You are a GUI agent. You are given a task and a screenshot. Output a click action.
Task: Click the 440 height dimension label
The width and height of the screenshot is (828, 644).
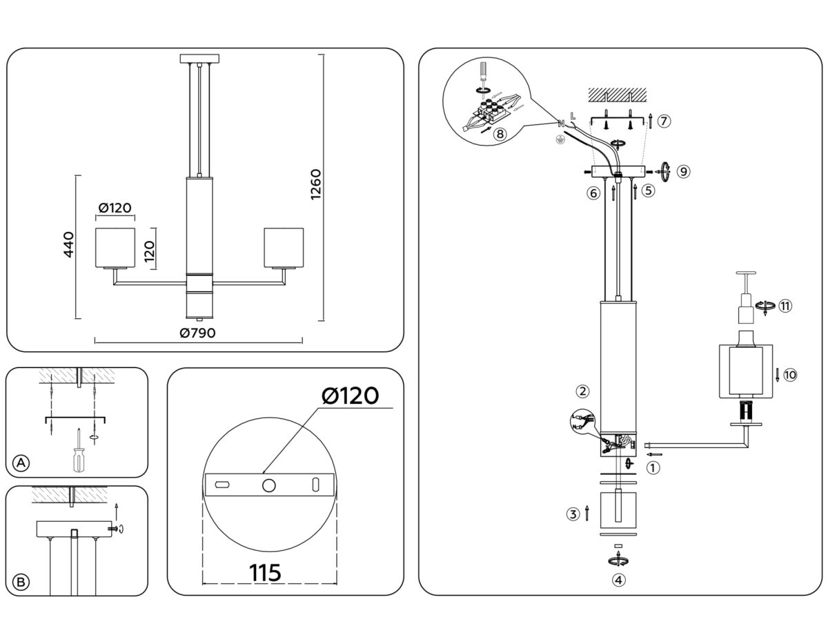click(68, 245)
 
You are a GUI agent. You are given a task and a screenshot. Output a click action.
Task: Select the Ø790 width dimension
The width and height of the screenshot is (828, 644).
click(197, 333)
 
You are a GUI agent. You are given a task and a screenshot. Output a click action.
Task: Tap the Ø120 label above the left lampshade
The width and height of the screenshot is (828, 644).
click(115, 208)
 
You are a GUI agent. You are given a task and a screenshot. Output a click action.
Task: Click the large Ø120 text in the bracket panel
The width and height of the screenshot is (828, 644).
click(350, 396)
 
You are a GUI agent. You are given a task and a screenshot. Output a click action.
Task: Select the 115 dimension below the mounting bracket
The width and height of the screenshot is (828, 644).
click(266, 572)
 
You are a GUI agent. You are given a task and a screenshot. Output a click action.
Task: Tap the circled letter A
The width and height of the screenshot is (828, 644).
click(21, 463)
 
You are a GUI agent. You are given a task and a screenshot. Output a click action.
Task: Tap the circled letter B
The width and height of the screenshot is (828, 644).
click(21, 582)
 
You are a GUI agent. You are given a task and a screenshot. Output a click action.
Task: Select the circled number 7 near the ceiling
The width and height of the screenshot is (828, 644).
click(663, 121)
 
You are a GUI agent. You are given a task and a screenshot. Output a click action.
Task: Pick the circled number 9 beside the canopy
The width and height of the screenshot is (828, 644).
click(682, 172)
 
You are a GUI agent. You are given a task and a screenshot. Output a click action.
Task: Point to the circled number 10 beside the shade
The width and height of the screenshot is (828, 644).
click(790, 375)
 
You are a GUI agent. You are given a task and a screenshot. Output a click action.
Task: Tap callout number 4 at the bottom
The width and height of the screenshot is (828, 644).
click(619, 580)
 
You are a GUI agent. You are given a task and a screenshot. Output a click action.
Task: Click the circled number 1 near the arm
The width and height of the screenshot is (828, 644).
click(652, 467)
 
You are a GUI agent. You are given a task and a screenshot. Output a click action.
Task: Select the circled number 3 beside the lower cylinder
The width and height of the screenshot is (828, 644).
click(573, 514)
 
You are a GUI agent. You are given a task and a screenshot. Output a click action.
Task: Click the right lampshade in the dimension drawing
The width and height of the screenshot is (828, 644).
click(284, 246)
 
